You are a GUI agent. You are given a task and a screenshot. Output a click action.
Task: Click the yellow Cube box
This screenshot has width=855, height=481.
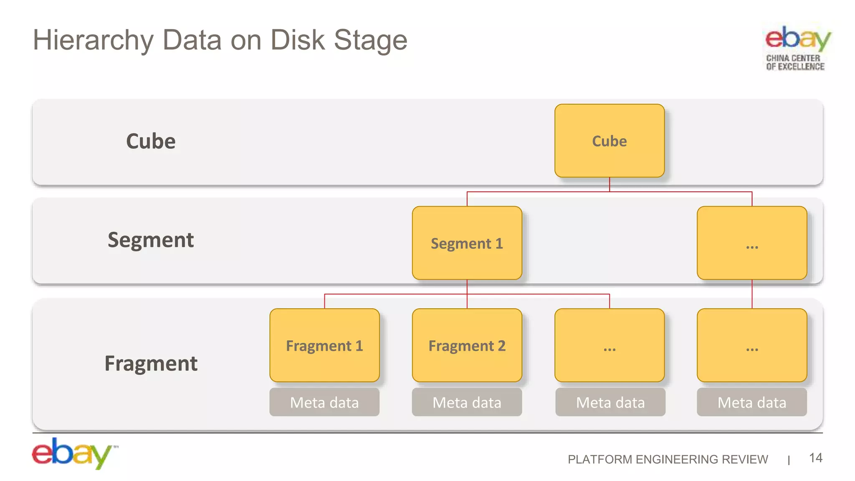point(609,141)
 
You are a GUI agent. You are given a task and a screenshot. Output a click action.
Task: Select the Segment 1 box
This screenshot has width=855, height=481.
point(467,243)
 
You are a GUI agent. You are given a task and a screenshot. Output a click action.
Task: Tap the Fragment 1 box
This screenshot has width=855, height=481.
point(324,345)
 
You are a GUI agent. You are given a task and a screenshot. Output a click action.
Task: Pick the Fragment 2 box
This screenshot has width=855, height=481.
point(467,345)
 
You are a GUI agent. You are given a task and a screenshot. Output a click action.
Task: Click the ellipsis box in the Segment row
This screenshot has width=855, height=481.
point(751,243)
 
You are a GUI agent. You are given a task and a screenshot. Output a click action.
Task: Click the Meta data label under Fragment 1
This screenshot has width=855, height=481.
point(324,402)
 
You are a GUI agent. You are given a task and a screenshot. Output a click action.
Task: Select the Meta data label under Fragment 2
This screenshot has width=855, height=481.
point(467,402)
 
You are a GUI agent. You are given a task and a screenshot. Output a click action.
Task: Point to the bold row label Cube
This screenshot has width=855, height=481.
point(151,141)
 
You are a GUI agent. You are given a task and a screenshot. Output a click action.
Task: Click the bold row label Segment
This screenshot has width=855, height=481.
point(151,240)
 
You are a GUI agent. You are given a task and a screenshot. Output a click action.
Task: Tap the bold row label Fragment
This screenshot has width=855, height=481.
point(151,363)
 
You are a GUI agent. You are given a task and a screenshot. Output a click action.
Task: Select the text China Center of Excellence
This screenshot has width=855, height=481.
point(795,62)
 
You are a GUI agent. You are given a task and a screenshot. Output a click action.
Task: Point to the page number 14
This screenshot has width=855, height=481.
point(815,458)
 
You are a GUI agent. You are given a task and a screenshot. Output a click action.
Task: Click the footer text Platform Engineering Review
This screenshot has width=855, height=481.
point(667,459)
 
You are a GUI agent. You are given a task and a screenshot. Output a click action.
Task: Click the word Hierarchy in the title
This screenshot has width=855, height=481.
point(94,41)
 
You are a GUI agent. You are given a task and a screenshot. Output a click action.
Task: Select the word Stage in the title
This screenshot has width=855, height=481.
point(370,41)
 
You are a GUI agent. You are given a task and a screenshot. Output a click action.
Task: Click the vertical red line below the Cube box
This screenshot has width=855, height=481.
point(610,185)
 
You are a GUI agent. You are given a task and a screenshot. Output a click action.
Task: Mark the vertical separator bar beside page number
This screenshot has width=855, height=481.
point(789,460)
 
